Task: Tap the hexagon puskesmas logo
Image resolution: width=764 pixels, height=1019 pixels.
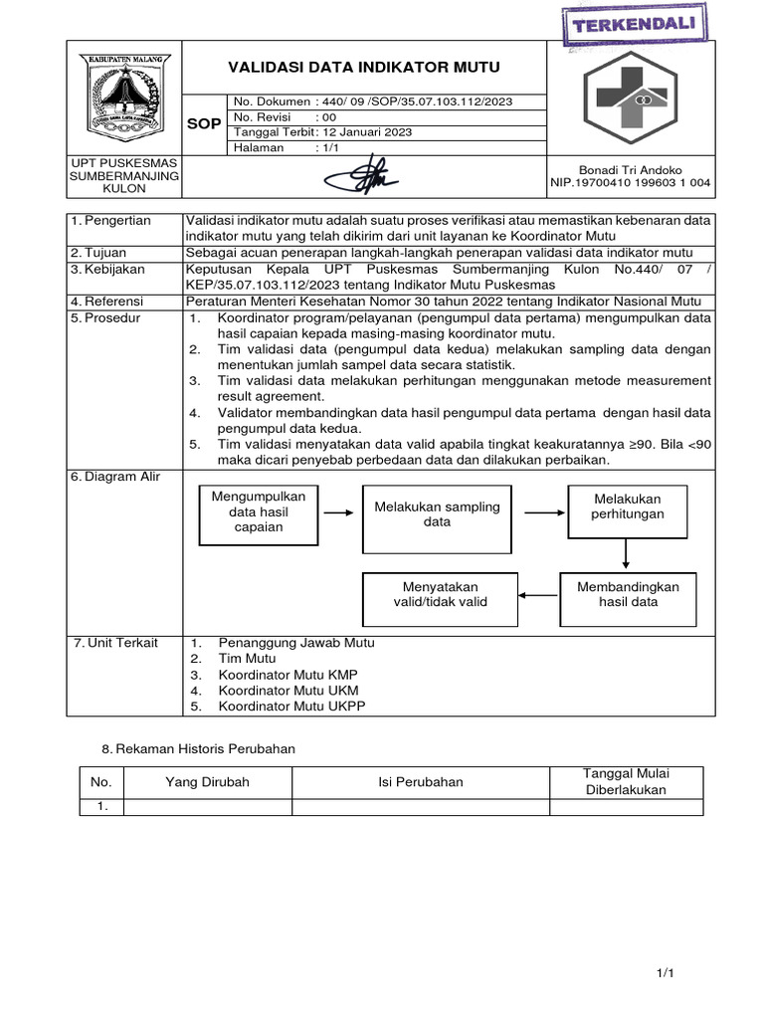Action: tap(631, 97)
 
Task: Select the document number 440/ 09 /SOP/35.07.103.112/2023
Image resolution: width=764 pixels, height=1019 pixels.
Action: tap(417, 102)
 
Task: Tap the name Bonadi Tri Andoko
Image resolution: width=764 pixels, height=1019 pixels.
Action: tap(630, 170)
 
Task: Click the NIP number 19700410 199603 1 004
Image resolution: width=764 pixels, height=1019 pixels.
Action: tap(647, 183)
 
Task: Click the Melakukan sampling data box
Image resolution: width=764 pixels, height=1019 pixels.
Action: tap(437, 513)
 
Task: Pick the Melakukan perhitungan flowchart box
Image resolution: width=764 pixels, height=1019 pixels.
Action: tap(627, 507)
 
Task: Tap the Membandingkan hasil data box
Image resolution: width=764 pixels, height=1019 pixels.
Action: tap(628, 595)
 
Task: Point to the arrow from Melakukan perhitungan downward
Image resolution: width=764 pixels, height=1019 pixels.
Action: tap(627, 552)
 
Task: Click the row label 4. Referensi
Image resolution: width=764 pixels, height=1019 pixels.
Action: tap(107, 302)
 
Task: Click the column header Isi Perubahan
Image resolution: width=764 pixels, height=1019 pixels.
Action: tap(420, 782)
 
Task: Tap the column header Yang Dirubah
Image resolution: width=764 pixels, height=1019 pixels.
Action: tap(207, 782)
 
